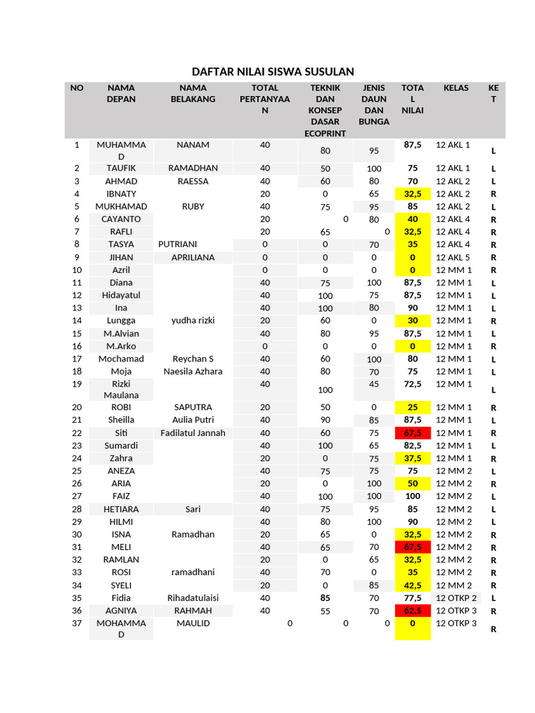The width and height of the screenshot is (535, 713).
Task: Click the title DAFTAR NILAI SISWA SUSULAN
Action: tap(272, 72)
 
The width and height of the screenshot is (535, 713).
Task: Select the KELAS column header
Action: tap(456, 88)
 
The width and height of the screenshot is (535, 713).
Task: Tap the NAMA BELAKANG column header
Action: tap(193, 93)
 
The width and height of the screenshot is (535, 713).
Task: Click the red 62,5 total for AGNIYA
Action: tap(412, 611)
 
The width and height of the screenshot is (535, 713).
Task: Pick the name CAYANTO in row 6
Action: tap(121, 219)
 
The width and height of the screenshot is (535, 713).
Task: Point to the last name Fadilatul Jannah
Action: tap(193, 433)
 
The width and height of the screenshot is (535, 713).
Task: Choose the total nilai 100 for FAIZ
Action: tap(412, 496)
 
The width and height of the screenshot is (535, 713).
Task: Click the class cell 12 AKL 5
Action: tap(453, 258)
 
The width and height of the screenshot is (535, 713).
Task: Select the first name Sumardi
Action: tap(121, 446)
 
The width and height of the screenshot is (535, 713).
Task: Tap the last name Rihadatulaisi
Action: tap(193, 598)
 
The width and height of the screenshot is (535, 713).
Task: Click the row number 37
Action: tap(77, 624)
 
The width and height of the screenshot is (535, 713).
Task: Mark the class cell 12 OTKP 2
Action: tap(456, 598)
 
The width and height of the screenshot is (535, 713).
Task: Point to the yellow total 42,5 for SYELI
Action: tap(412, 586)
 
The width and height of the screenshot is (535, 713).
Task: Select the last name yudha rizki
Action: tap(193, 321)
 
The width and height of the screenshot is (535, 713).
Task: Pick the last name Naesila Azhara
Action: tap(193, 372)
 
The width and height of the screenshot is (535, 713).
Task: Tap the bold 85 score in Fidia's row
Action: tap(325, 597)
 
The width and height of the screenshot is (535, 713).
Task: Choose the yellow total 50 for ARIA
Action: tap(412, 484)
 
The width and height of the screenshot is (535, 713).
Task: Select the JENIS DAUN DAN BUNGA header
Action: tap(374, 104)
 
